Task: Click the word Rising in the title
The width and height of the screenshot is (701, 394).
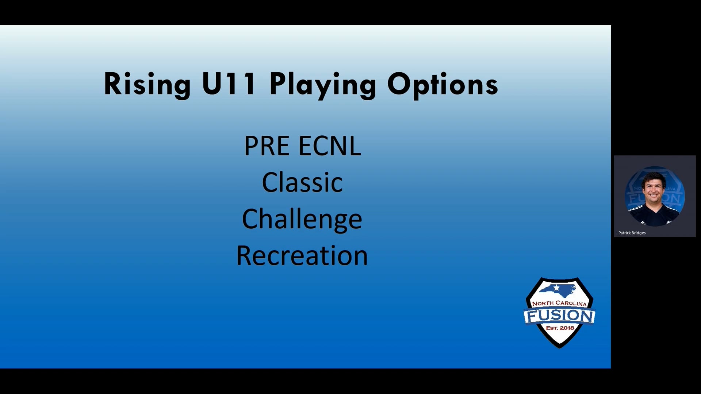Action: point(147,84)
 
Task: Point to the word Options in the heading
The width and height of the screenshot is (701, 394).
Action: point(443,84)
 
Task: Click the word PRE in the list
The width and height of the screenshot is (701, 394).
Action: point(267,146)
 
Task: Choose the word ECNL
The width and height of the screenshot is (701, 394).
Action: point(330,146)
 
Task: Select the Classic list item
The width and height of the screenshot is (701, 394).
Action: point(302,182)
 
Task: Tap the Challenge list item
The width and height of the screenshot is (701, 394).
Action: point(302,219)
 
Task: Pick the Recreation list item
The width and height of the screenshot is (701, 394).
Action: point(302,256)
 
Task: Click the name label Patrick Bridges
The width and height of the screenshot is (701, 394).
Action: point(632,233)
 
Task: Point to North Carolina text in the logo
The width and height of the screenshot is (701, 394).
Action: point(559,303)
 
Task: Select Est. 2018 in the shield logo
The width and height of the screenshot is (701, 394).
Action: point(560,328)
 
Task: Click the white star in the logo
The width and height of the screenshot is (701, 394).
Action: point(556,288)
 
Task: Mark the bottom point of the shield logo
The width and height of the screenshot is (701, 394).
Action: point(560,347)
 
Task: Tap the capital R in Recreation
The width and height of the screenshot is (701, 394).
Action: point(244,256)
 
